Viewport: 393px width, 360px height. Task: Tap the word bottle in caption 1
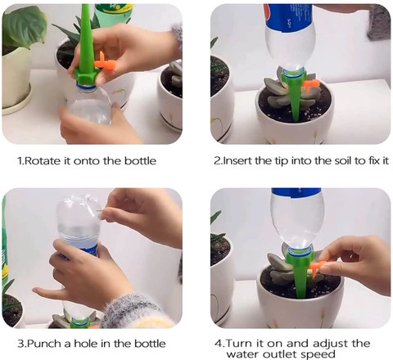click(x=140, y=160)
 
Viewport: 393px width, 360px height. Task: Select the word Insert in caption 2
click(x=237, y=160)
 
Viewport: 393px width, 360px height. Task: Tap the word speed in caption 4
click(x=318, y=354)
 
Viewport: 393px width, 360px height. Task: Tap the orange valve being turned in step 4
click(x=316, y=268)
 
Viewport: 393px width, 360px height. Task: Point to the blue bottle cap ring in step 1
click(x=86, y=87)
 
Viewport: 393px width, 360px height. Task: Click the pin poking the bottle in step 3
click(x=99, y=210)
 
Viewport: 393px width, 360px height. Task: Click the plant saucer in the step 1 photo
click(x=17, y=103)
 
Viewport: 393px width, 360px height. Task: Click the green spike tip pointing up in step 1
click(x=85, y=6)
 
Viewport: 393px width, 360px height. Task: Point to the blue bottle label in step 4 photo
click(x=296, y=192)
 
